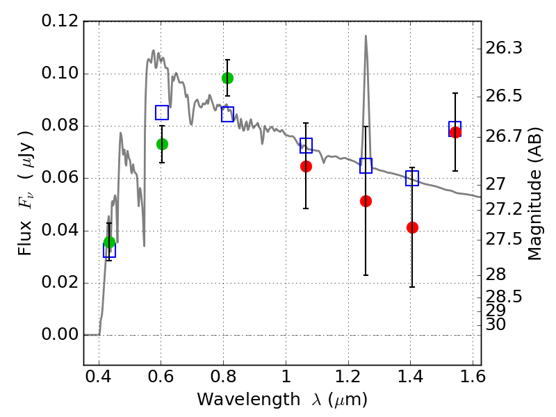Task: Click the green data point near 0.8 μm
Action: pyautogui.click(x=228, y=78)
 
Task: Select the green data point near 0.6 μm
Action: pyautogui.click(x=162, y=145)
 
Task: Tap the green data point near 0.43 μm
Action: pyautogui.click(x=110, y=243)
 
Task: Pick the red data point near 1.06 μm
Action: pyautogui.click(x=306, y=166)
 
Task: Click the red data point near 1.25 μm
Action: pyautogui.click(x=366, y=202)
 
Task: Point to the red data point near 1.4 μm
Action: pyautogui.click(x=412, y=227)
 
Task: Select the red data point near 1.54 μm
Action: pyautogui.click(x=455, y=132)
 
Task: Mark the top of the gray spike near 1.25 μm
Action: pyautogui.click(x=366, y=35)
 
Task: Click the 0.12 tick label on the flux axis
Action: pyautogui.click(x=60, y=21)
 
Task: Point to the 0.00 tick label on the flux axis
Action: pyautogui.click(x=60, y=334)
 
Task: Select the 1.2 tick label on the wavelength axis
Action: pyautogui.click(x=348, y=376)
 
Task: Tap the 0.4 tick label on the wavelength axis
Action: pyautogui.click(x=99, y=376)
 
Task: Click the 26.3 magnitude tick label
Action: pyautogui.click(x=503, y=47)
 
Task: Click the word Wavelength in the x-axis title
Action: pyautogui.click(x=249, y=399)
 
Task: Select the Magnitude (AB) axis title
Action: pyautogui.click(x=534, y=194)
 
